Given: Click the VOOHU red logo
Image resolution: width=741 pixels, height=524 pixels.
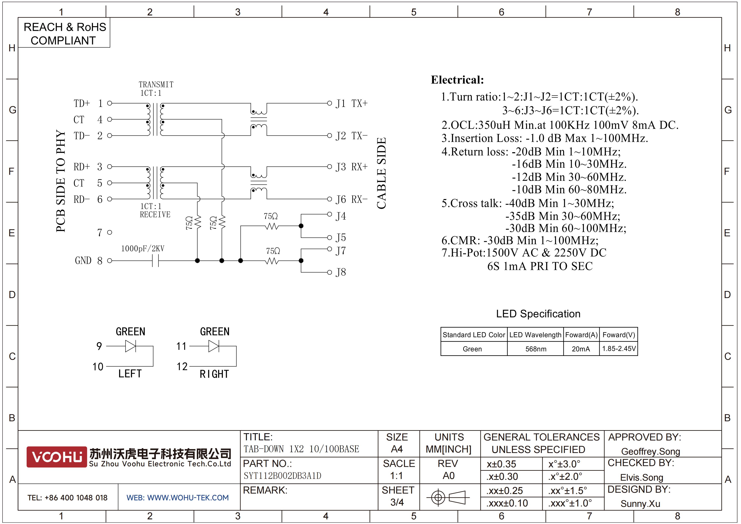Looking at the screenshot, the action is pyautogui.click(x=57, y=457).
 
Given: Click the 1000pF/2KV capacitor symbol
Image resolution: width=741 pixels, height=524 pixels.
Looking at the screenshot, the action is pyautogui.click(x=155, y=261).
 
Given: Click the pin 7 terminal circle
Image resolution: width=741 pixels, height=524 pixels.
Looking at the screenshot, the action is pyautogui.click(x=109, y=232).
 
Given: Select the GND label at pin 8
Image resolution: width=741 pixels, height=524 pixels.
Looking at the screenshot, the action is pyautogui.click(x=83, y=261).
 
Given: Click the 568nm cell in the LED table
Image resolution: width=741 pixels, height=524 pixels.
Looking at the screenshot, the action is pyautogui.click(x=536, y=349).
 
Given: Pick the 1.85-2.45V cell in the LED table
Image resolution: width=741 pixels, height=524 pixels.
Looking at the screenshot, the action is pyautogui.click(x=619, y=349).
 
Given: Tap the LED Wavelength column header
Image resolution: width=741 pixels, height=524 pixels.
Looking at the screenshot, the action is pyautogui.click(x=535, y=335).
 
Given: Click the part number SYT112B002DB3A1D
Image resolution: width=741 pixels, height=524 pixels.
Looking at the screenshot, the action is pyautogui.click(x=282, y=476).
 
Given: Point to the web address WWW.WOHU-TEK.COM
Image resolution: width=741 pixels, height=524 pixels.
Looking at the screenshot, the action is pyautogui.click(x=188, y=498).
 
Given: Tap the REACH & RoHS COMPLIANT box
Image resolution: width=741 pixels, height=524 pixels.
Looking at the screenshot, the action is pyautogui.click(x=64, y=33).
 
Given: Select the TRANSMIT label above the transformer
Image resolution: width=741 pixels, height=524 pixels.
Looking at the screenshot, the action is pyautogui.click(x=156, y=85).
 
